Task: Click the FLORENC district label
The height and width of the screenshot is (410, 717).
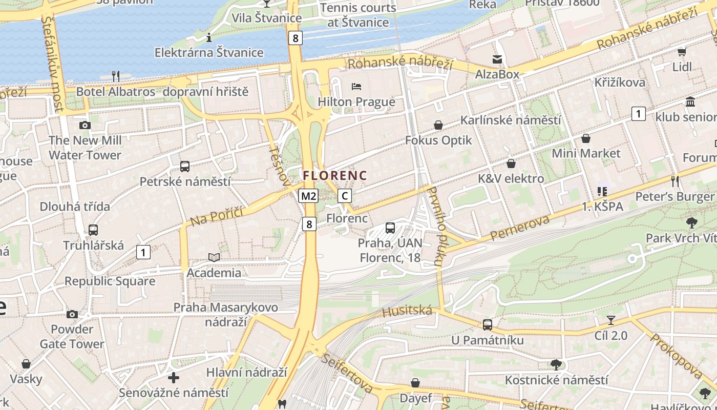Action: (335, 176)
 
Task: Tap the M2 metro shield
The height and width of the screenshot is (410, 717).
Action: (309, 196)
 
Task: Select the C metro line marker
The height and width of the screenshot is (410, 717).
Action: (345, 196)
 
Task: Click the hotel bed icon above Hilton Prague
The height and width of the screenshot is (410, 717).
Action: (356, 87)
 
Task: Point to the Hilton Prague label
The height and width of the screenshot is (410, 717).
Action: (356, 102)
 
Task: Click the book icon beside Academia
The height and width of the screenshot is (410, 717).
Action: (214, 257)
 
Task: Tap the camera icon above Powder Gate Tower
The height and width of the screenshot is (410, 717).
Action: (72, 314)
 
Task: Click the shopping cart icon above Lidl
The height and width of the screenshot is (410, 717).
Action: (682, 52)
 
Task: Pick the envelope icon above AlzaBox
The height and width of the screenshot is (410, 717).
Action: (497, 59)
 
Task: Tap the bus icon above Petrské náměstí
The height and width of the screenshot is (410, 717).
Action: (185, 167)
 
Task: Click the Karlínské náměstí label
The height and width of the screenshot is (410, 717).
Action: (511, 120)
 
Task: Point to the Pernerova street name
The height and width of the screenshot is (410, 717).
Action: (519, 228)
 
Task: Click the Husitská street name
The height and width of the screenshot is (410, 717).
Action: (407, 311)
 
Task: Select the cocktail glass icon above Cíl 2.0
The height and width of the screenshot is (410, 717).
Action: (610, 321)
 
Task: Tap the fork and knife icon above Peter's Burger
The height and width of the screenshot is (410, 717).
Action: (674, 181)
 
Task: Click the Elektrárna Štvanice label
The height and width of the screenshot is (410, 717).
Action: (209, 53)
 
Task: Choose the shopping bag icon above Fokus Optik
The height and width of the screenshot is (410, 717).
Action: (438, 125)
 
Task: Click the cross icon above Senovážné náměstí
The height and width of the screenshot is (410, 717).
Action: (174, 378)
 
